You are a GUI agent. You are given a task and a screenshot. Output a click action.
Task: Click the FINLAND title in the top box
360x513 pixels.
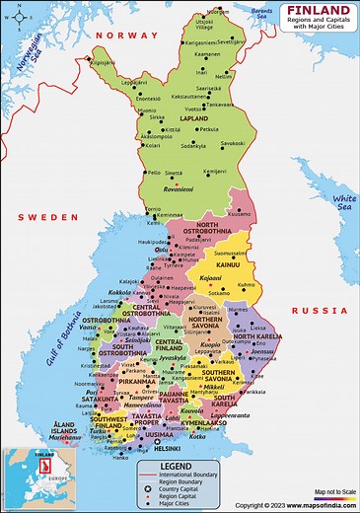point(318,11)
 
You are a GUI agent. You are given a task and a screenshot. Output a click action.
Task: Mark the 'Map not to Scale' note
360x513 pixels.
point(332,492)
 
